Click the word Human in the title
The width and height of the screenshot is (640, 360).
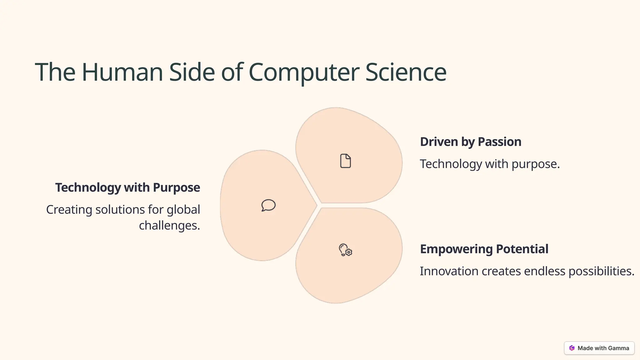tap(122, 72)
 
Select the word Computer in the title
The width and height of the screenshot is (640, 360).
tap(304, 72)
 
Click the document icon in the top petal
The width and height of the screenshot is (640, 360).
tap(345, 161)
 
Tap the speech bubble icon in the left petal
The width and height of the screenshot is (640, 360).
tap(268, 205)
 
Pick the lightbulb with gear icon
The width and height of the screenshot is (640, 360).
tap(345, 250)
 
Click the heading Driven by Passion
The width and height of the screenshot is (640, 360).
tap(470, 142)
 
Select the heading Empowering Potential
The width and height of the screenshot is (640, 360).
tap(484, 249)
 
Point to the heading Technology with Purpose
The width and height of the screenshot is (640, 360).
tap(127, 187)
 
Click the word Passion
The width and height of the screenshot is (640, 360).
tap(499, 142)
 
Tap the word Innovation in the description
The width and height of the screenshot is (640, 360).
tap(449, 271)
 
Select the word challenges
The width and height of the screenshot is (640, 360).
tap(169, 225)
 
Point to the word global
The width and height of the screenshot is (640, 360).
tap(183, 209)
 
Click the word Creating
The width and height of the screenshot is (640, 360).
tap(69, 209)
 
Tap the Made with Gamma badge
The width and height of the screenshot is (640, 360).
tap(599, 348)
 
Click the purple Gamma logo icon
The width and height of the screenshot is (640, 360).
tap(572, 348)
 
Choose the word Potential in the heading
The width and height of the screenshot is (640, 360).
tap(522, 249)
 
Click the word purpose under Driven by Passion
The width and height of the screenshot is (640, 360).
tap(535, 164)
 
